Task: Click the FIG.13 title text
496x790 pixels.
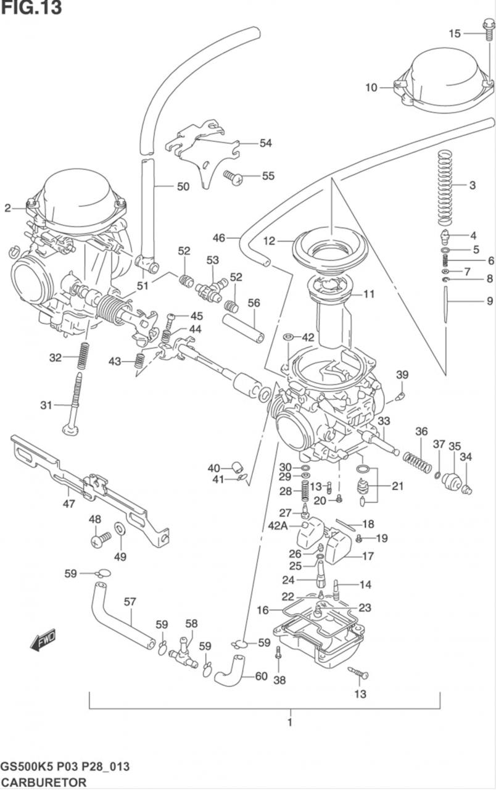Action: (31, 8)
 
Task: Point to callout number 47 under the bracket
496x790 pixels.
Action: (69, 504)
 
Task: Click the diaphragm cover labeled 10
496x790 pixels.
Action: (443, 79)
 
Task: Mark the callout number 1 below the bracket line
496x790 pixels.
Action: (289, 721)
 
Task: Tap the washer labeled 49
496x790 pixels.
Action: (120, 528)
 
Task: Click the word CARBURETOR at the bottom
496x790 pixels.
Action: (43, 781)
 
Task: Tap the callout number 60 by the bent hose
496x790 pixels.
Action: (261, 676)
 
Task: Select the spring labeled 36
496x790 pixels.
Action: (417, 462)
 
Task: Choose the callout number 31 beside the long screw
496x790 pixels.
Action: (46, 405)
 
